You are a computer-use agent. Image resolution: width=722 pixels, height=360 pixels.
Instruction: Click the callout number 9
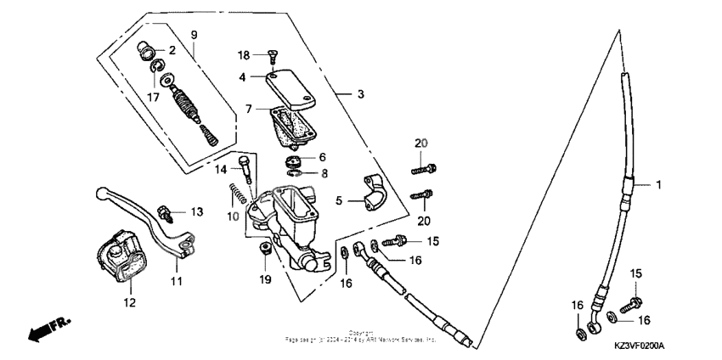[x=194, y=35]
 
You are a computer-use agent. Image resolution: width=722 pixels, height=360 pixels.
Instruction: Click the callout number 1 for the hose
[x=656, y=183]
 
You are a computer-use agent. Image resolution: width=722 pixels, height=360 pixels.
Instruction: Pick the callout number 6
[x=323, y=157]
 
